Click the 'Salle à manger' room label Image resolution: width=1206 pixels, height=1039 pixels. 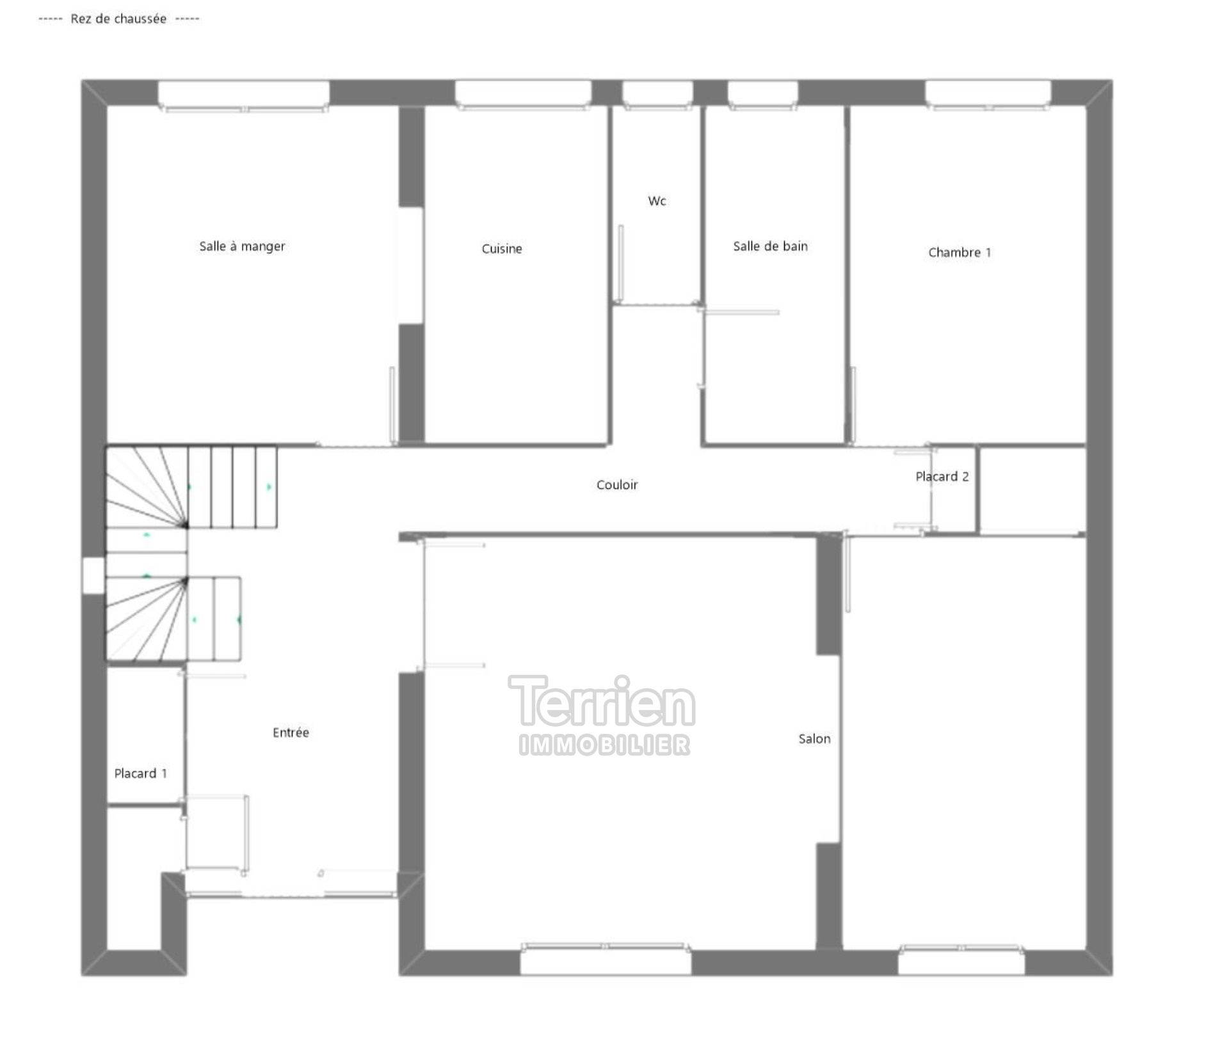pyautogui.click(x=242, y=246)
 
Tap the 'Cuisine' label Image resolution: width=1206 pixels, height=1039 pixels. pyautogui.click(x=502, y=248)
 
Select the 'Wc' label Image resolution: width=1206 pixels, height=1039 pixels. pyautogui.click(x=657, y=201)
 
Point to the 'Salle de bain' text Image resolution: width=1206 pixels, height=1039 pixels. pyautogui.click(x=770, y=246)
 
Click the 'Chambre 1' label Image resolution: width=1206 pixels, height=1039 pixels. pyautogui.click(x=960, y=253)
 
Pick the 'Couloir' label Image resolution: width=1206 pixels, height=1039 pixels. pyautogui.click(x=617, y=485)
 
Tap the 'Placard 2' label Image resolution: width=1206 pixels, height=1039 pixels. pyautogui.click(x=942, y=477)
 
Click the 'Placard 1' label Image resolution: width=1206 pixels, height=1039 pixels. pyautogui.click(x=140, y=773)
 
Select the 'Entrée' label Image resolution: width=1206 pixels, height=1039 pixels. pyautogui.click(x=291, y=733)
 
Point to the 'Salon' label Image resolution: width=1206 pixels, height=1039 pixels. pyautogui.click(x=814, y=739)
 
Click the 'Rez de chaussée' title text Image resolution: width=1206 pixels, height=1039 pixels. pyautogui.click(x=118, y=19)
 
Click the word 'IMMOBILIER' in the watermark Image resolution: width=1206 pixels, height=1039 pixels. pyautogui.click(x=604, y=745)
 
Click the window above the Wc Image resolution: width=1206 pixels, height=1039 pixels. pyautogui.click(x=657, y=95)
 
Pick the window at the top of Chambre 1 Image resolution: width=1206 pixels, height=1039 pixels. pyautogui.click(x=988, y=95)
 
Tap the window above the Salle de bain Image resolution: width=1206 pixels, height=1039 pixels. pyautogui.click(x=762, y=95)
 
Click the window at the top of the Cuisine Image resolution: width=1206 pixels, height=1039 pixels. pyautogui.click(x=523, y=95)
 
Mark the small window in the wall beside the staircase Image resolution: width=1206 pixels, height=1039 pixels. pyautogui.click(x=93, y=575)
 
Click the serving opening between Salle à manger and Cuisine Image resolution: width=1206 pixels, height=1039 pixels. pyautogui.click(x=411, y=266)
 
